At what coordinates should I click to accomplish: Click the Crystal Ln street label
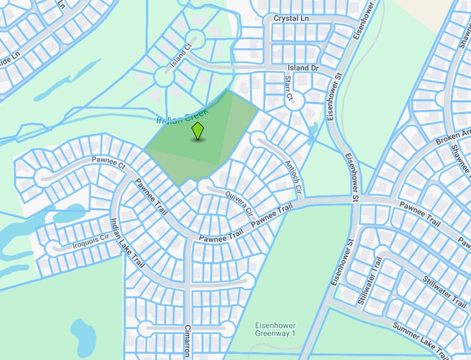(x=291, y=19)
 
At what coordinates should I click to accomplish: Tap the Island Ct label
(x=181, y=53)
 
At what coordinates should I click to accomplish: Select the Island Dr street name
(x=303, y=67)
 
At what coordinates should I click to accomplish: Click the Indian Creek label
(x=182, y=116)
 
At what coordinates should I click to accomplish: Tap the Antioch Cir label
(x=293, y=177)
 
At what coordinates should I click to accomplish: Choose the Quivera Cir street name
(x=239, y=204)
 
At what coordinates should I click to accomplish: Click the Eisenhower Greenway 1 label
(x=275, y=329)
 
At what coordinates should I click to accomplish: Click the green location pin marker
(x=198, y=130)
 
